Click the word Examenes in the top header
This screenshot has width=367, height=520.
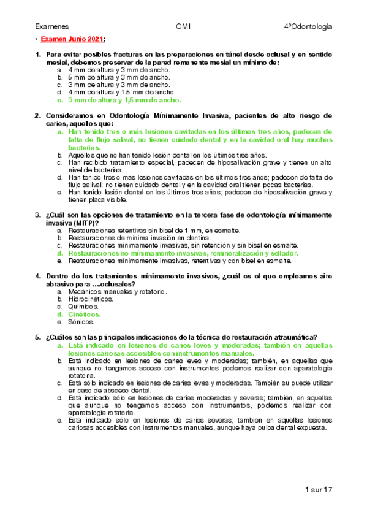click(51, 27)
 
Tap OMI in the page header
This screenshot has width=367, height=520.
click(183, 27)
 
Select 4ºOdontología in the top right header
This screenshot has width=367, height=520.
click(308, 27)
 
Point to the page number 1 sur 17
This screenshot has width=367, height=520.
click(318, 491)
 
